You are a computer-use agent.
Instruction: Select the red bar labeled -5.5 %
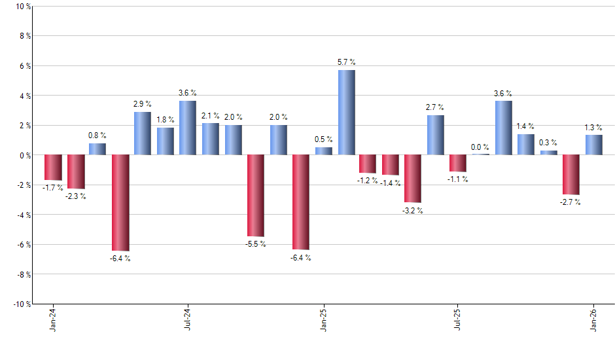point(256,196)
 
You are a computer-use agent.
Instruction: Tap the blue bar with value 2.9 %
point(143,134)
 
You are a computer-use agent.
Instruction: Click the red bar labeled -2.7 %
point(571,175)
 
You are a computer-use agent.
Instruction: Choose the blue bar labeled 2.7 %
point(436,135)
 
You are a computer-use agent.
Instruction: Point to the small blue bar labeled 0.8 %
point(97,149)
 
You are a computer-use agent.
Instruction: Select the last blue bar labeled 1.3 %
point(594,145)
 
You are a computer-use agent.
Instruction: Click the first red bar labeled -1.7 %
point(53,168)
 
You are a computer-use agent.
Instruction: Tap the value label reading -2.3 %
point(75,196)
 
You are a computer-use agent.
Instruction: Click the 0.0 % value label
point(480,147)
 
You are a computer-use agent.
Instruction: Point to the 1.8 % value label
point(166,120)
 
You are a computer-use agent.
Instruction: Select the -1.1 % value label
point(458,179)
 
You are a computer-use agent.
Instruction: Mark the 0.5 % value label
point(324,139)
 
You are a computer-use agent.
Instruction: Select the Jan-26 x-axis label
point(594,320)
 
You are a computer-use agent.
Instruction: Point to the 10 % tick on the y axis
point(23,7)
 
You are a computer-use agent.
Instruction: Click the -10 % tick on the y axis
point(22,304)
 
